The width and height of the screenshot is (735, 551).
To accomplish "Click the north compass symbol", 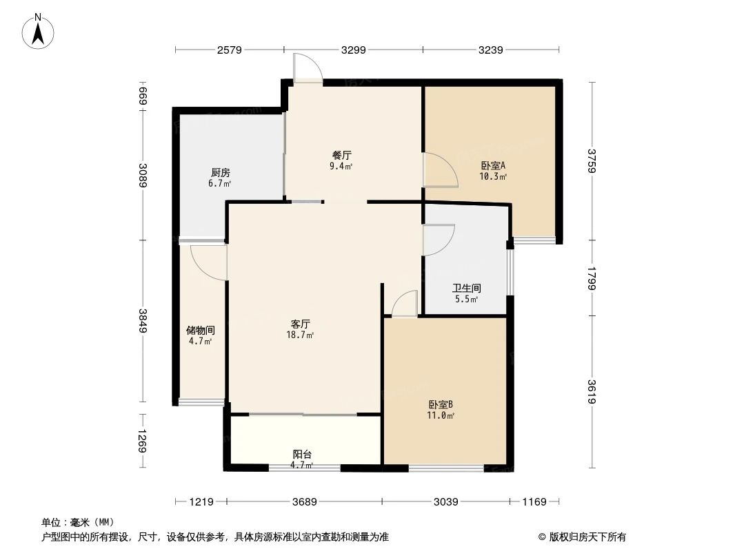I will tap(39, 31).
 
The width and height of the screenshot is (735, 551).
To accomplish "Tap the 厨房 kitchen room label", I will tap(221, 173).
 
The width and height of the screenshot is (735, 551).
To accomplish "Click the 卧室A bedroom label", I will tap(493, 165).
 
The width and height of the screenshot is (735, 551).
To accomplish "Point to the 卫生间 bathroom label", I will tap(466, 289).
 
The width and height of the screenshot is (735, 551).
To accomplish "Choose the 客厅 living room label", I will tap(301, 324).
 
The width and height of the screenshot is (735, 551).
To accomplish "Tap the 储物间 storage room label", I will tap(201, 331).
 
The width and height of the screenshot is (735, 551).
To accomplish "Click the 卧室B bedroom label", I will tap(440, 405).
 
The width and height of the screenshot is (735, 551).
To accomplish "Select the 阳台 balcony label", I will tap(302, 455).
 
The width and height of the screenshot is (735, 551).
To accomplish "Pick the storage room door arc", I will tap(208, 262).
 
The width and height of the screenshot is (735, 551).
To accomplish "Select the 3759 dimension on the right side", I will tap(592, 161).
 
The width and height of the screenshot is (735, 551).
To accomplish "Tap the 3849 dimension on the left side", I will tap(143, 320).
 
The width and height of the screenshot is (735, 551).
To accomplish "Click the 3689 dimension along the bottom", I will tap(303, 502).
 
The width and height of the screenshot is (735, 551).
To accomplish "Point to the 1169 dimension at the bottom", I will tap(534, 502).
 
